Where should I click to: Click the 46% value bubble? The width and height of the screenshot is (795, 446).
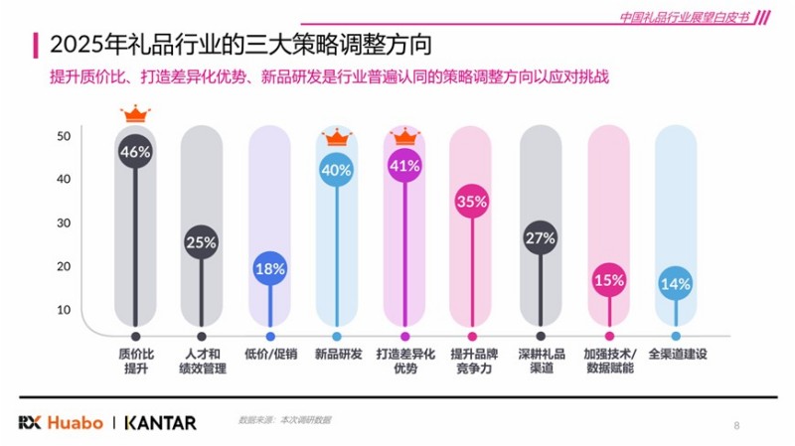coord(134,152)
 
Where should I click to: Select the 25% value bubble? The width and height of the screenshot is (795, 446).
coord(202,241)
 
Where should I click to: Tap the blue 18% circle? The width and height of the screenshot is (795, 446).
coord(269,268)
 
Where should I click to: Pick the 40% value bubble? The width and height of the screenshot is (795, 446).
coord(337,170)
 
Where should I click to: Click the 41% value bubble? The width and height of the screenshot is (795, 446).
coord(404,166)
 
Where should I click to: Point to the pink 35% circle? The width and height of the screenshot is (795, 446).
coord(471,201)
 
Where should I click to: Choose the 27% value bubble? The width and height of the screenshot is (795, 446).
coord(540,238)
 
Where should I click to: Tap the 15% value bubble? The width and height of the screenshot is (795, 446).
coord(608,280)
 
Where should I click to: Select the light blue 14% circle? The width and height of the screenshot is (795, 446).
coord(676,284)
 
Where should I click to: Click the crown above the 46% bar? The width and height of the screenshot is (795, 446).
coord(134,116)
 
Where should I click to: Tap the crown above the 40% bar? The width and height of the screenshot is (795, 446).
coord(337,136)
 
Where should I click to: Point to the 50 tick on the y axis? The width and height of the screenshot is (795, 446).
coord(63,136)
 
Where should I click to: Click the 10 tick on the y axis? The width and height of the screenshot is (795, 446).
coord(63,310)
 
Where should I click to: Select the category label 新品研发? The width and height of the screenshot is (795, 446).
coord(337,354)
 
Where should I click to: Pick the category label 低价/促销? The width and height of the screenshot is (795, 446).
coord(269,354)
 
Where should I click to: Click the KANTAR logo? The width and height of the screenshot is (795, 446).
coord(160,422)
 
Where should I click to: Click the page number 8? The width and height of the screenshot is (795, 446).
coord(736,425)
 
